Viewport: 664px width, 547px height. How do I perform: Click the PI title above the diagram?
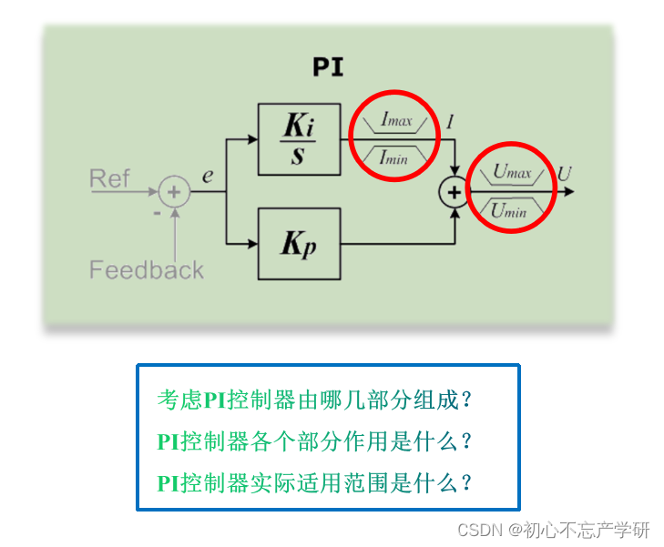328,66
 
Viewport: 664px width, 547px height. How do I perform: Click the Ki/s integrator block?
298,139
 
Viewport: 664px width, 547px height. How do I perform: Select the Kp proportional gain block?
298,244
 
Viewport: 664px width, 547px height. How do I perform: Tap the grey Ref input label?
109,178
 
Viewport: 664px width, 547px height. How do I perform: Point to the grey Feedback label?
146,269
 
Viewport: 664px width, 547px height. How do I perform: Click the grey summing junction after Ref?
173,192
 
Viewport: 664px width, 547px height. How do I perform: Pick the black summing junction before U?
453,192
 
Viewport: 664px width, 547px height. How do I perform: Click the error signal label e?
208,174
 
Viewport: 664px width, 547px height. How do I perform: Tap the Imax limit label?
396,119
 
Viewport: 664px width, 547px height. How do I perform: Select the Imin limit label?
394,157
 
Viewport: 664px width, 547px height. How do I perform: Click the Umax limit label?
512,171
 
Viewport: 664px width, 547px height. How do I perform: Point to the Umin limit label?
510,211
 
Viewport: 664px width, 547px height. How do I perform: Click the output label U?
565,173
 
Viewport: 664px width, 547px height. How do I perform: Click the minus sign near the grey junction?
157,211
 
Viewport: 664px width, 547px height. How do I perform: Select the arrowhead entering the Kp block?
252,244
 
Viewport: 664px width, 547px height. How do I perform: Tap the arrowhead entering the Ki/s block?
252,139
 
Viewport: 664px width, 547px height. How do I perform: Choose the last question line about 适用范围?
315,482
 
